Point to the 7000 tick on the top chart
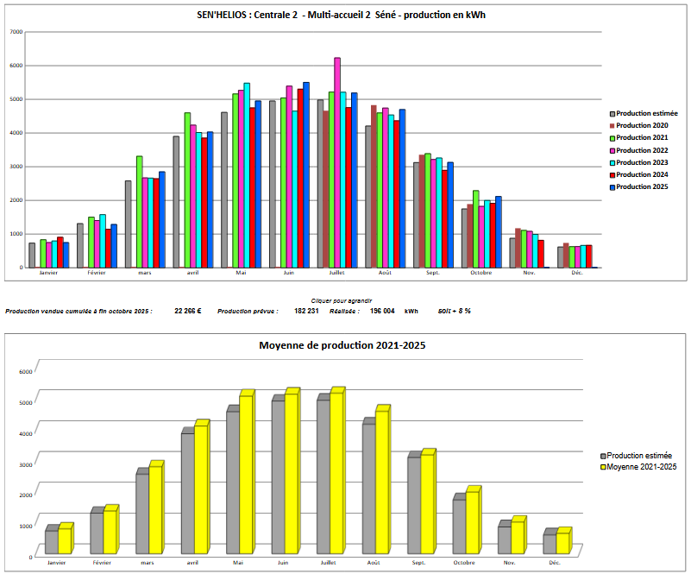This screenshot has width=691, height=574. click(16, 32)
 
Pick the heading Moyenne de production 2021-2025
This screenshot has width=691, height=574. click(342, 345)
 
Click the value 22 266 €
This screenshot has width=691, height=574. click(187, 311)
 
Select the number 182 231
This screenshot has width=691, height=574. click(306, 311)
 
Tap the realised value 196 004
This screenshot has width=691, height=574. click(382, 311)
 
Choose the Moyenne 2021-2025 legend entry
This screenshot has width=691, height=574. click(641, 467)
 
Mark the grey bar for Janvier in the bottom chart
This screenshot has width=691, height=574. click(52, 541)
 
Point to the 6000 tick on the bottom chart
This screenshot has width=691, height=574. click(25, 371)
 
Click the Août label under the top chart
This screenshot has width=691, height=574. click(385, 273)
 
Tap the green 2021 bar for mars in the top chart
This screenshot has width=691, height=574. click(139, 211)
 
